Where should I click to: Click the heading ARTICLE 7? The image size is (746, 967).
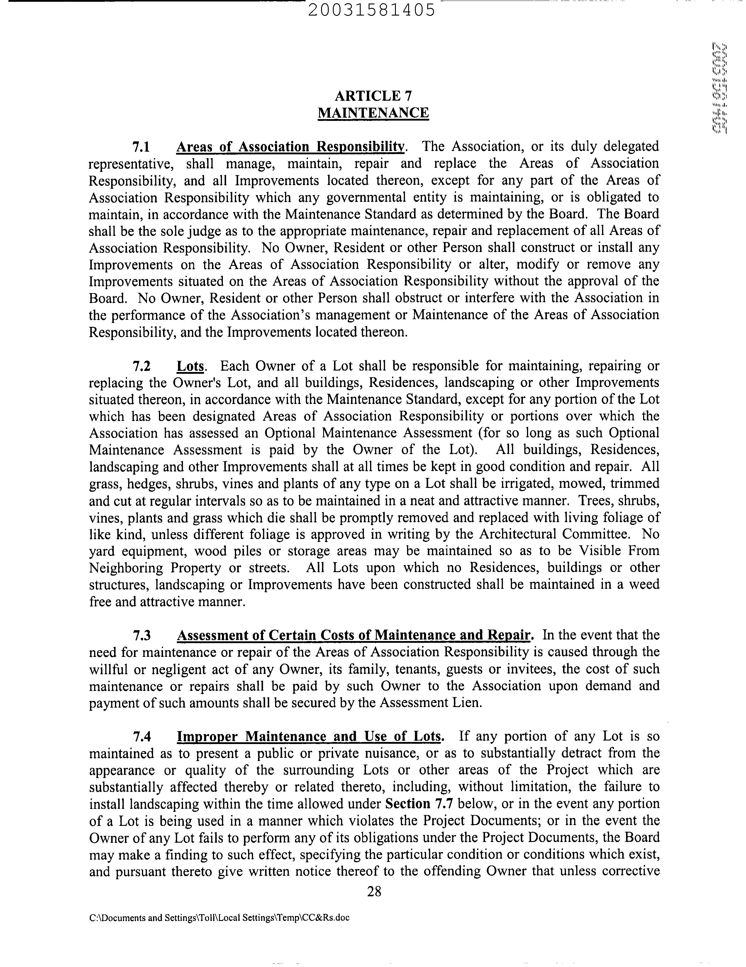pyautogui.click(x=374, y=96)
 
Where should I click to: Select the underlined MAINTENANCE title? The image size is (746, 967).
pyautogui.click(x=374, y=113)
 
